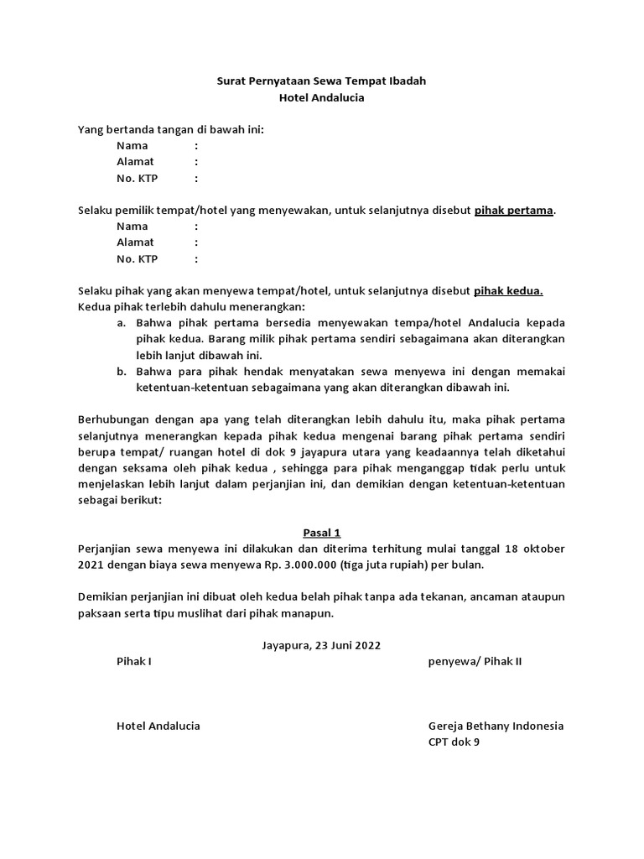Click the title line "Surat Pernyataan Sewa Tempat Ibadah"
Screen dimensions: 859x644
(x=321, y=81)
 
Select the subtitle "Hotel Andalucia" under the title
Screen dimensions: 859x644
(x=321, y=98)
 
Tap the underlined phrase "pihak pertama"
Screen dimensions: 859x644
(x=514, y=210)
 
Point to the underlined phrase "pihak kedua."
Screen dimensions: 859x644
(x=509, y=290)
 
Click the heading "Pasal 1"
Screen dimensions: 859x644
(x=321, y=533)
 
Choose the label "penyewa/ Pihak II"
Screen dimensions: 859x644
(x=475, y=661)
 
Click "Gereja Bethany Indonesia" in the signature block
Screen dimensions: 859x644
(x=496, y=726)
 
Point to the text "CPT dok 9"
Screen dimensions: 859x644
(x=454, y=742)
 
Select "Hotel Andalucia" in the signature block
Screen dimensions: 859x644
(x=158, y=726)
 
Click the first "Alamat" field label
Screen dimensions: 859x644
(x=135, y=162)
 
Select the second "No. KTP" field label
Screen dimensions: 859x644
(x=138, y=258)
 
